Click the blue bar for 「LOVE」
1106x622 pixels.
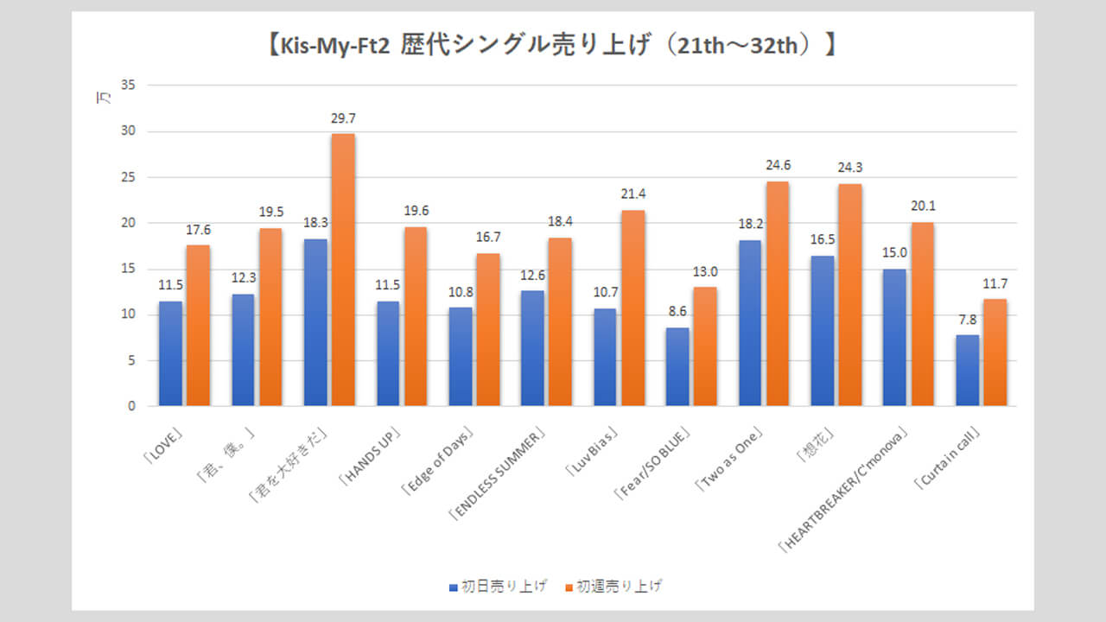coord(171,353)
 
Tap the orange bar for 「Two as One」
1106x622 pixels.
coord(777,294)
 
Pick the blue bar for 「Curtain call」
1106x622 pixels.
coord(968,371)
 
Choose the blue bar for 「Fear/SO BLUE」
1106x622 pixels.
coord(678,366)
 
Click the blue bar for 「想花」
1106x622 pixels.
coord(823,331)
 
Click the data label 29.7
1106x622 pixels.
coord(343,117)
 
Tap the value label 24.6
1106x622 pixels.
coord(777,165)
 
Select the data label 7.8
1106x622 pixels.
coord(968,319)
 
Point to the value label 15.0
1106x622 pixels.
coord(895,253)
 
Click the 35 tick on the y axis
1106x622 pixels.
coord(129,86)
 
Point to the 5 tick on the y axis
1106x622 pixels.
coord(132,360)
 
